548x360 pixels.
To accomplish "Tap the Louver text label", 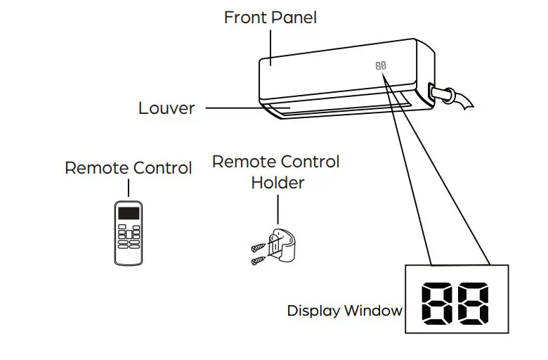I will pyautogui.click(x=167, y=108).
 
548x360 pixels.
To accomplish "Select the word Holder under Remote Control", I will pyautogui.click(x=278, y=183).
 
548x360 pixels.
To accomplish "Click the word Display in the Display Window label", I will pyautogui.click(x=313, y=311).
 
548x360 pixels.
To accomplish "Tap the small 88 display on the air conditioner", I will pyautogui.click(x=381, y=65).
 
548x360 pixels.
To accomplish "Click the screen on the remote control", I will pyautogui.click(x=129, y=213).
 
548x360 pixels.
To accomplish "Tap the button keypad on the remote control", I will pyautogui.click(x=129, y=237).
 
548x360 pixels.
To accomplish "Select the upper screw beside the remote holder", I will pyautogui.click(x=258, y=247).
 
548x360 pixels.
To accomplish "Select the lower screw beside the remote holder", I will pyautogui.click(x=258, y=260).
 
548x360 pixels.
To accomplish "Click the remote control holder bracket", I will pyautogui.click(x=282, y=246).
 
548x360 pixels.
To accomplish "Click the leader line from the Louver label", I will pyautogui.click(x=232, y=108).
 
